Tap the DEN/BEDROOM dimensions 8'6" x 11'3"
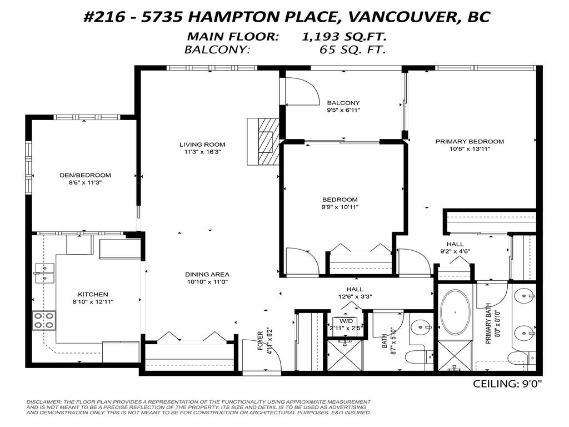point(85,181)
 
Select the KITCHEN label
point(93,294)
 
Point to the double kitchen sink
point(44,272)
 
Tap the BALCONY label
point(343,103)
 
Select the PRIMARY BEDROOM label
point(470,141)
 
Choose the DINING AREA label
point(207,274)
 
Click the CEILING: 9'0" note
point(506,384)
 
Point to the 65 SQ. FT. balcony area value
point(352,49)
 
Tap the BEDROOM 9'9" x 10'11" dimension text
point(340,207)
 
